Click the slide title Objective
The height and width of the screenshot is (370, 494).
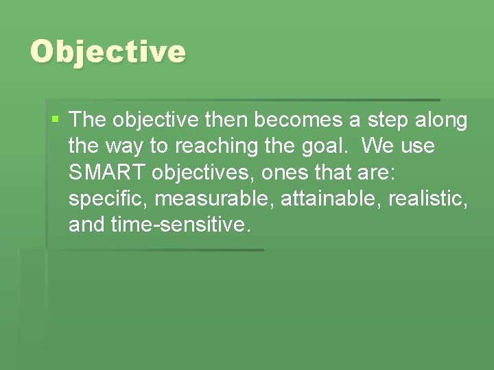[x=108, y=52]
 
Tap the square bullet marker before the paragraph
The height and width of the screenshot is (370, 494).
[x=56, y=121]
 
